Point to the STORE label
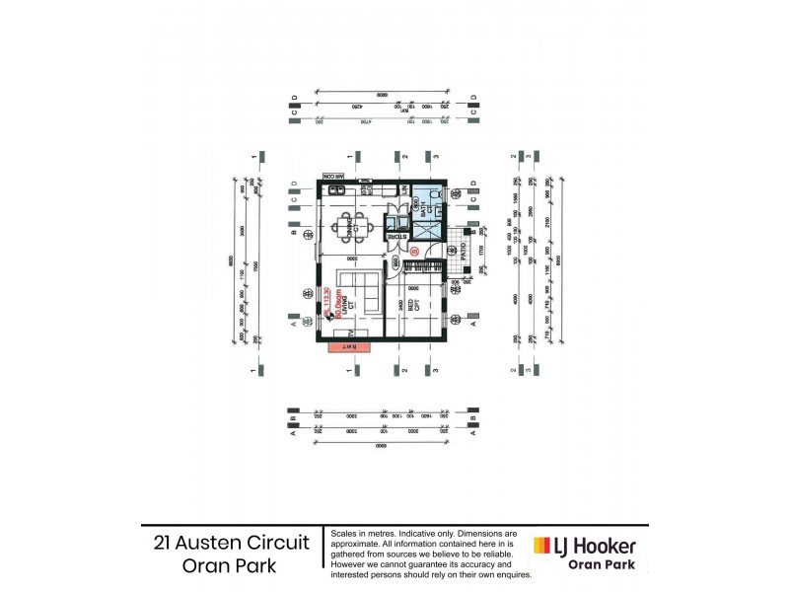pyautogui.click(x=397, y=238)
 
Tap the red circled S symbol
pyautogui.click(x=415, y=252)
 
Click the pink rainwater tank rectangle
pyautogui.click(x=350, y=347)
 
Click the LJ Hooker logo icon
pyautogui.click(x=541, y=546)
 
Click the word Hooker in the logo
pyautogui.click(x=604, y=546)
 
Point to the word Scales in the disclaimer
pyautogui.click(x=346, y=533)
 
